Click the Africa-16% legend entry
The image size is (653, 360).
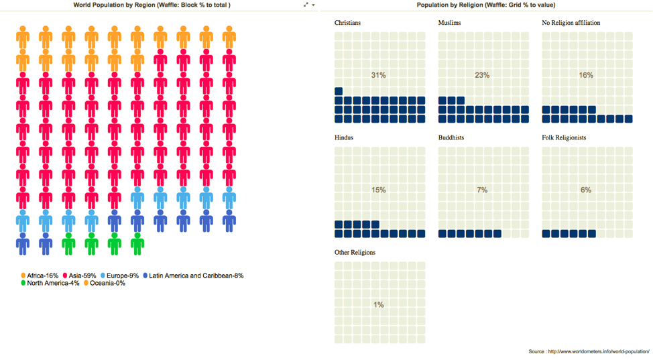(40, 276)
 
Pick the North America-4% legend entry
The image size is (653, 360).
(50, 283)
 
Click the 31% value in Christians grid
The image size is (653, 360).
(379, 75)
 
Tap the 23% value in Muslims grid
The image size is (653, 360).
(482, 75)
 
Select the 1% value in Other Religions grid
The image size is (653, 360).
(379, 304)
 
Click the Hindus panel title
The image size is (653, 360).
(344, 137)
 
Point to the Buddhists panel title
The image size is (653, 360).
(451, 137)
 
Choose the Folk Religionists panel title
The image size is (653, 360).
(564, 137)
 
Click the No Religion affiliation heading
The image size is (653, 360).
(571, 23)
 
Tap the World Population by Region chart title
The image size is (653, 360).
(152, 5)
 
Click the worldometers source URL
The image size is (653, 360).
(599, 351)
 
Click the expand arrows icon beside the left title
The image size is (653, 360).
(306, 5)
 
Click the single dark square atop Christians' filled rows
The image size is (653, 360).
(339, 91)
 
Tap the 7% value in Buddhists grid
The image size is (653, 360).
(482, 190)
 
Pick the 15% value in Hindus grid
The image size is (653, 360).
(379, 190)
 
